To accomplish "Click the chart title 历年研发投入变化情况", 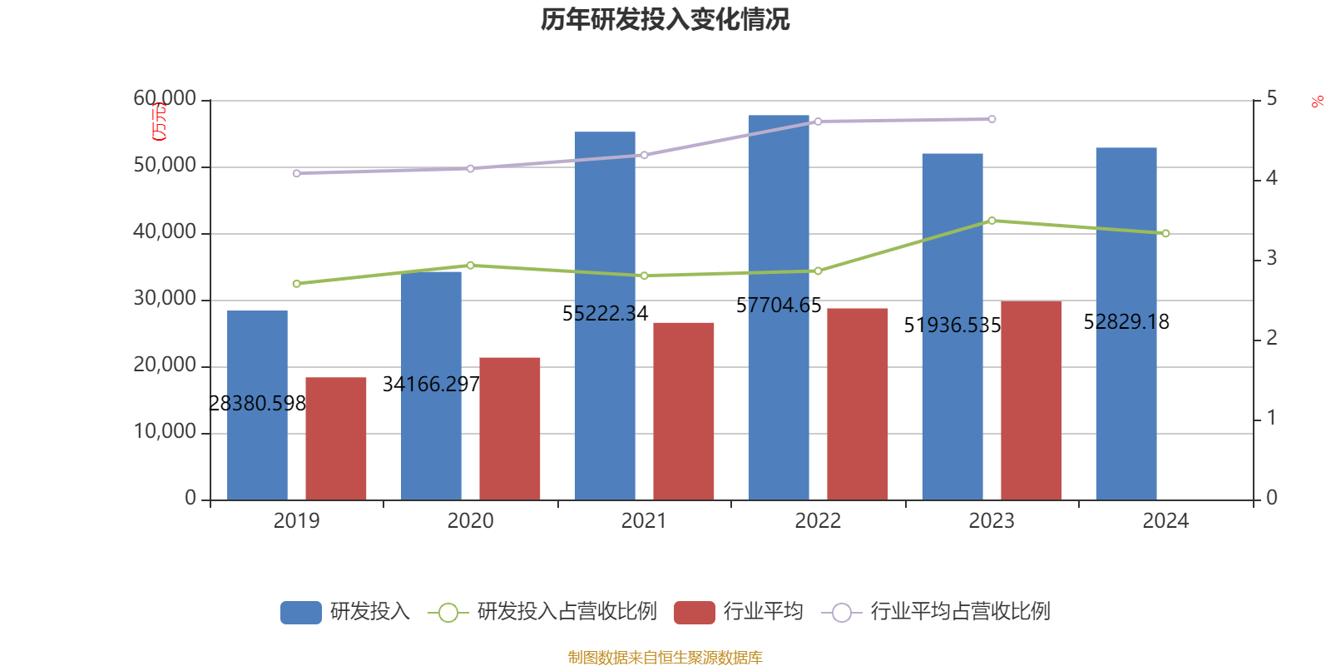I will (665, 19).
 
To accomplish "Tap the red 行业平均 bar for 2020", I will (509, 428).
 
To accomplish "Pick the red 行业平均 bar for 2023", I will (1031, 400).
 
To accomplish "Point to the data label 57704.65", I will (779, 306).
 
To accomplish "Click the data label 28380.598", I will (257, 404).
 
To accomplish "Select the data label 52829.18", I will (1126, 322).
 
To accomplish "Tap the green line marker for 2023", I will (992, 221).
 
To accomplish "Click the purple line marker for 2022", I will (818, 122).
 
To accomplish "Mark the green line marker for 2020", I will (470, 266).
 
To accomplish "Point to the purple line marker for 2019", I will (296, 173).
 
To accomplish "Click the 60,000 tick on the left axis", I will (165, 99).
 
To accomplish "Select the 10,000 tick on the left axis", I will (165, 432).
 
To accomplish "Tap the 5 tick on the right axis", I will (1271, 99).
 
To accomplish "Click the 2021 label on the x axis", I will (644, 521).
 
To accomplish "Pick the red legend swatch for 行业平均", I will (694, 613).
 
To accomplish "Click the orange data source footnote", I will (665, 658).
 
